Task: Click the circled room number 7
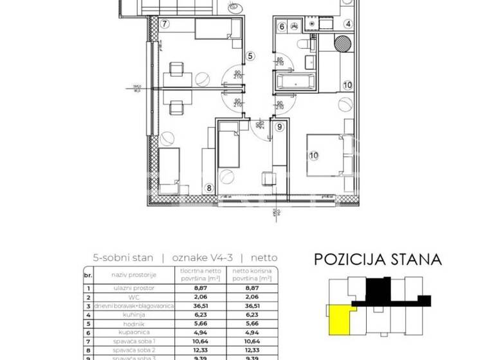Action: pos(165,25)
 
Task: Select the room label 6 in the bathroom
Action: pos(282,26)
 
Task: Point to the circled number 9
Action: pos(279,127)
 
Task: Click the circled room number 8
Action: pos(208,188)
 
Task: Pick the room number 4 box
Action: pos(348,25)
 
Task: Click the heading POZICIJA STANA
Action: pos(378,260)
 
